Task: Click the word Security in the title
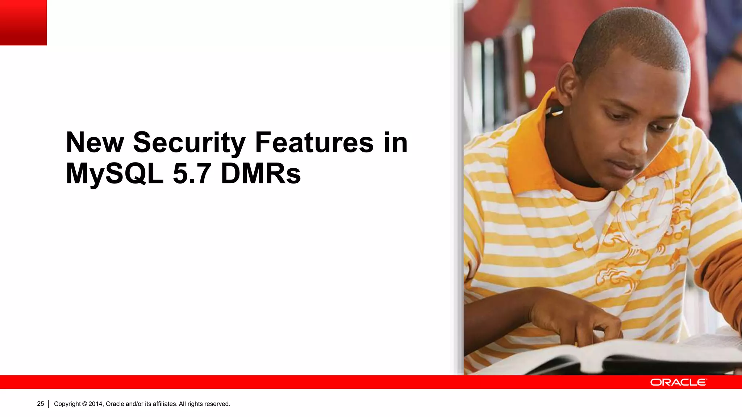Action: click(189, 143)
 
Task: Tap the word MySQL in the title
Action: click(114, 174)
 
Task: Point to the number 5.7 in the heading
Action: click(192, 174)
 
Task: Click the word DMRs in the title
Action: click(260, 174)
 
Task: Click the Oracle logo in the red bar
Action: click(678, 382)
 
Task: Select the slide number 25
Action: click(41, 404)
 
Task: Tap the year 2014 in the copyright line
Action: click(96, 404)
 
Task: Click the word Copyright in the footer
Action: click(67, 404)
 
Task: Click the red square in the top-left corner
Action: click(23, 22)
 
